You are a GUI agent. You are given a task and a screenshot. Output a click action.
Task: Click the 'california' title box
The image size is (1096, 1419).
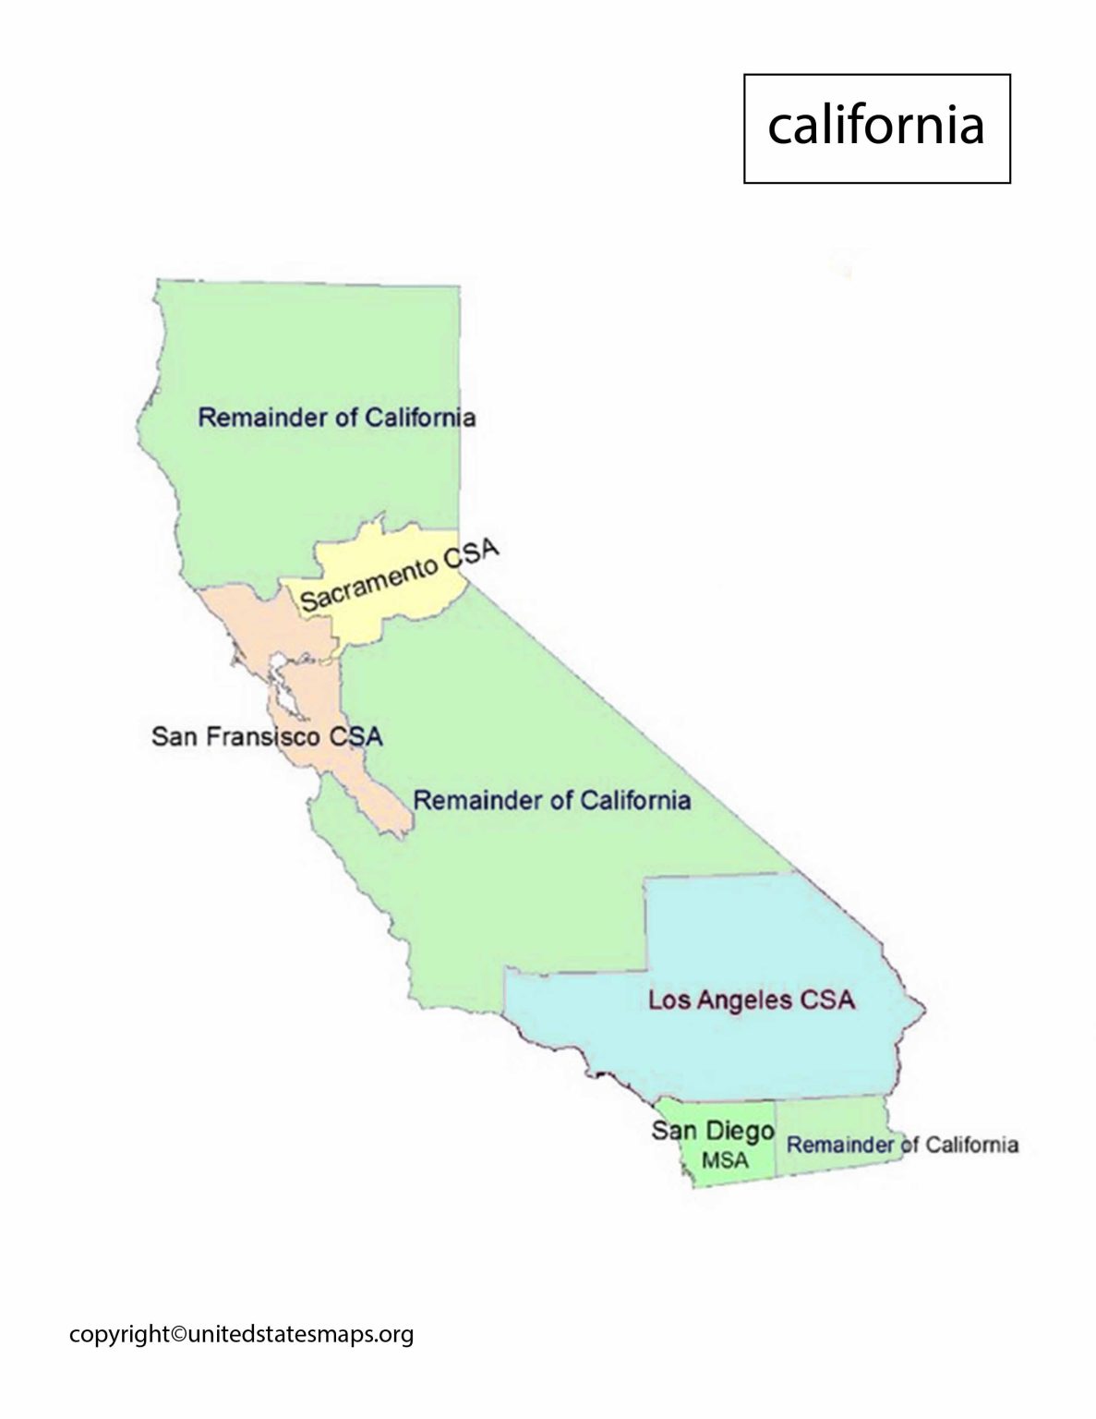[x=876, y=128]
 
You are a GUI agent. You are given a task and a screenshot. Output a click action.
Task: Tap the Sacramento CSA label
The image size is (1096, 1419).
[x=400, y=576]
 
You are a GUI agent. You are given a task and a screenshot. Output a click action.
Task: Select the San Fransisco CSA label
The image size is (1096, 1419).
[x=267, y=737]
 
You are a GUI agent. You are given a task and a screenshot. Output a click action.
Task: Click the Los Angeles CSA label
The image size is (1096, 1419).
[x=751, y=999]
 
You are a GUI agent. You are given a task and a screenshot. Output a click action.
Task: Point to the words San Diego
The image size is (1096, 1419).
[x=712, y=1130]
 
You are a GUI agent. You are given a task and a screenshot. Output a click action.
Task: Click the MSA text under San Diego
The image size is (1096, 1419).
[x=725, y=1160]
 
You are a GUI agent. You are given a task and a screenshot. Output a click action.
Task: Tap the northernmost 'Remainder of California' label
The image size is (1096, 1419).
[x=337, y=418]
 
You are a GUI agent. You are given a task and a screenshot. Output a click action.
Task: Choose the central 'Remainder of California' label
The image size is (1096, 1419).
[x=551, y=799]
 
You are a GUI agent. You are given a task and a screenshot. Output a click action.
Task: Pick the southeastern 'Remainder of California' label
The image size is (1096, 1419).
[x=902, y=1145]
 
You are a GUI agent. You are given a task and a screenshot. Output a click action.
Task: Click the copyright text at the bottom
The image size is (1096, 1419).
[x=241, y=1334]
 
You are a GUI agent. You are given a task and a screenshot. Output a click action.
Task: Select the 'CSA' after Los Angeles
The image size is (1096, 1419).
[x=829, y=999]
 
